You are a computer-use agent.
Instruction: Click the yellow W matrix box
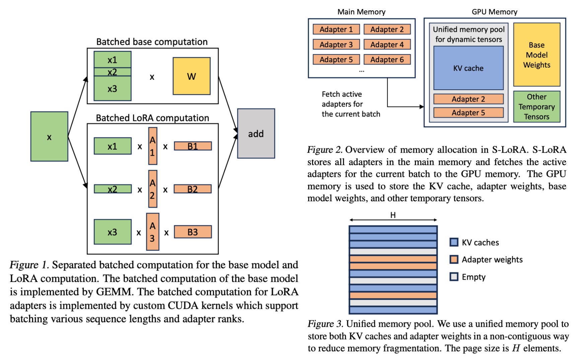192,76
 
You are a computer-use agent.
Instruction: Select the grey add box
256,133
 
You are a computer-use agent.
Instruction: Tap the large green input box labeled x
49,137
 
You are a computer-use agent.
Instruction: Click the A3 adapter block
152,232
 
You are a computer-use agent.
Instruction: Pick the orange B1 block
193,146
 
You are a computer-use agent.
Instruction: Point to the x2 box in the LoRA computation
113,189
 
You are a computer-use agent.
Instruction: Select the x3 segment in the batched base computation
113,88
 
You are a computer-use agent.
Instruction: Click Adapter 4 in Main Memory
387,45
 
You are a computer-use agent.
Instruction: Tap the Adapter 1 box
336,29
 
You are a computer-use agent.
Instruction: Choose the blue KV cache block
468,68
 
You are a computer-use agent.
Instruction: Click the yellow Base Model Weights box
536,55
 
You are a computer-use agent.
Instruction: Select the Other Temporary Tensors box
536,106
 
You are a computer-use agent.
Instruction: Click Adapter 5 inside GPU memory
468,113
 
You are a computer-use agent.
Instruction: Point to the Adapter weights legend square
454,260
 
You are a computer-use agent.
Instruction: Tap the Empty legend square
454,277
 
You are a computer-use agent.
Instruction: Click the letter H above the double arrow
393,215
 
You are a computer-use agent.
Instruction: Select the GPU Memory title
494,12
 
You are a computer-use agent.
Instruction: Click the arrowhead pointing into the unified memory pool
422,107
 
